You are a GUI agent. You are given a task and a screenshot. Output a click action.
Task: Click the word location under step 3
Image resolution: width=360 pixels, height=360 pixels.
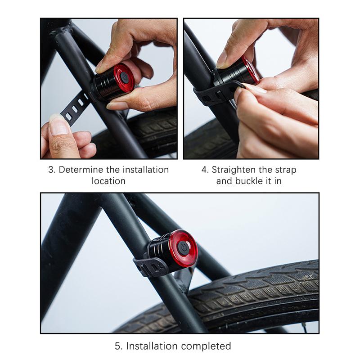click(108, 181)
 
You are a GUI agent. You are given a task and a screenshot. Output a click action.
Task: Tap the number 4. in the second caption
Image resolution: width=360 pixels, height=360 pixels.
click(205, 170)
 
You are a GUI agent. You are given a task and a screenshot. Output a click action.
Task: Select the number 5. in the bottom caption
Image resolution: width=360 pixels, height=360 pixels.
click(118, 346)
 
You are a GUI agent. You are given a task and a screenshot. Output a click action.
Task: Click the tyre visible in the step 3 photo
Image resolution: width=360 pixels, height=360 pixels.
click(148, 130)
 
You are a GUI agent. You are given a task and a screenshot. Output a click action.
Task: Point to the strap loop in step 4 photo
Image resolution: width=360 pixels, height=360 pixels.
click(211, 94)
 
